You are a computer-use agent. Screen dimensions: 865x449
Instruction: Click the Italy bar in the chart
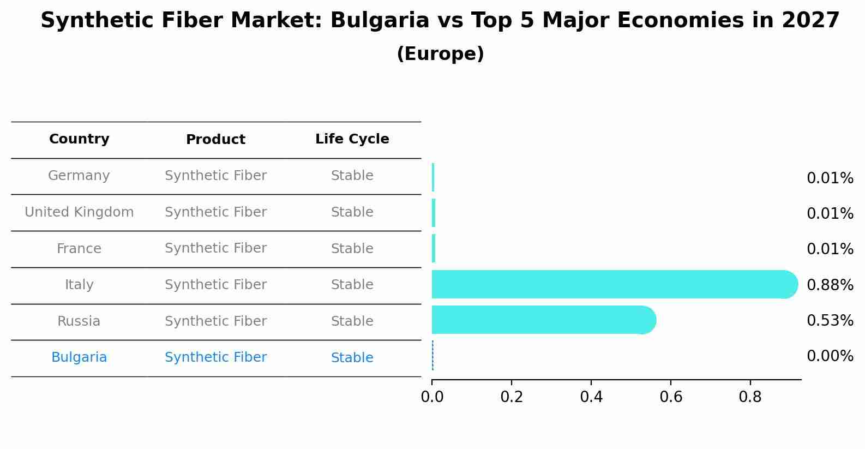tap(615, 284)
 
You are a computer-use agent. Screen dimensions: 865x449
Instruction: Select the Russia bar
tap(544, 320)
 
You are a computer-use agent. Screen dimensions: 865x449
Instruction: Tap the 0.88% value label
tap(830, 285)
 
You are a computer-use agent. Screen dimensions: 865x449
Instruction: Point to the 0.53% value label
tap(830, 320)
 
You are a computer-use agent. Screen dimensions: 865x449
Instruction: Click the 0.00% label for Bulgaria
tap(830, 356)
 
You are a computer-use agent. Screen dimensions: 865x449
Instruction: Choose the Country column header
tap(79, 139)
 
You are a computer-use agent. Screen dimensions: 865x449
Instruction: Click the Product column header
tap(215, 139)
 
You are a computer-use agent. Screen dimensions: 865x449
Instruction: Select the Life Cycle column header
tap(352, 139)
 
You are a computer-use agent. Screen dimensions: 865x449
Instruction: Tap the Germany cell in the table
tap(79, 176)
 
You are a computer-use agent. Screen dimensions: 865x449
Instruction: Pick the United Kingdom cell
tap(79, 212)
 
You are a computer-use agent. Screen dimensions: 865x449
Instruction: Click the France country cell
tap(79, 248)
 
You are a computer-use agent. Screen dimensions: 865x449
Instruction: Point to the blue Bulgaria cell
tap(79, 357)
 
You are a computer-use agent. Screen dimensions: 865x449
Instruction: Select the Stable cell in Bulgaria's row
tap(352, 357)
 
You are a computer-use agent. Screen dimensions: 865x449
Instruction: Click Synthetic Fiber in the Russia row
tap(215, 321)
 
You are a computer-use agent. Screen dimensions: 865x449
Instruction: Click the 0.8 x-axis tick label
tap(750, 397)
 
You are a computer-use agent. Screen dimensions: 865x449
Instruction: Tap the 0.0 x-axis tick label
tap(432, 397)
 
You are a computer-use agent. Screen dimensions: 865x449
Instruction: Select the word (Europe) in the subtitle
tap(440, 53)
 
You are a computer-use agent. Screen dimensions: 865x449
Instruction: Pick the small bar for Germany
tap(433, 177)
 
